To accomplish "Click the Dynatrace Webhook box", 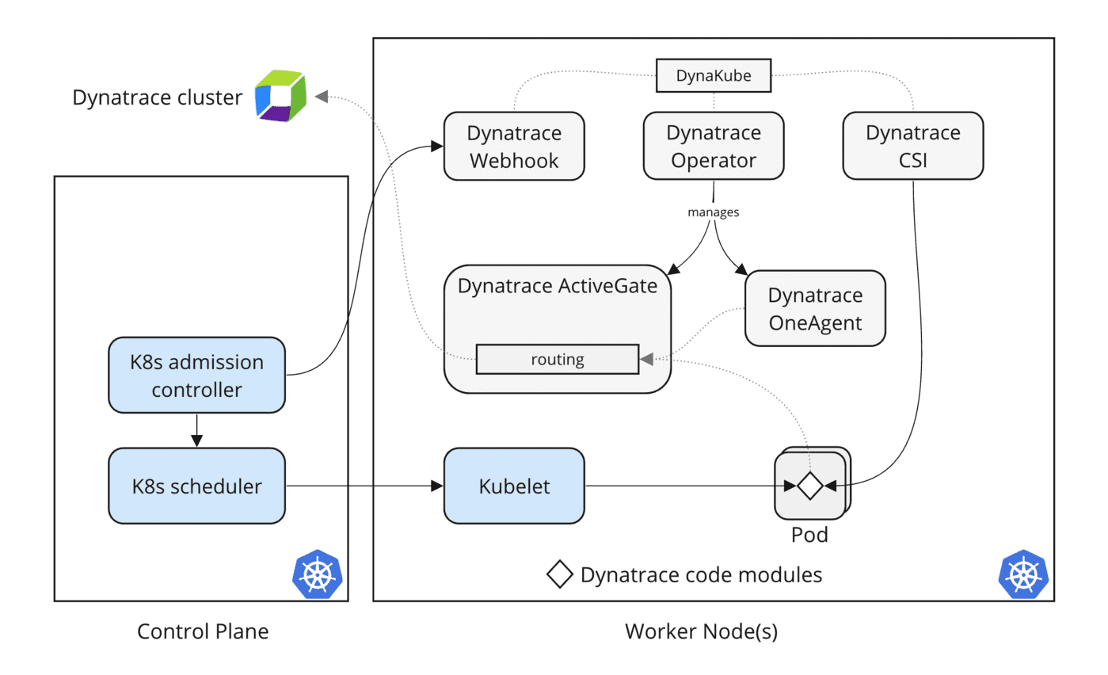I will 514,146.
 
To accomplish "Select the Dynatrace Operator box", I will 714,146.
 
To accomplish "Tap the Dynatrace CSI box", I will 912,146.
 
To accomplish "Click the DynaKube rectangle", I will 714,75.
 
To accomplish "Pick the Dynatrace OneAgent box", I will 815,309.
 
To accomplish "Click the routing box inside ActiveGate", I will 557,359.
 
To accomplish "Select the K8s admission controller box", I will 196,376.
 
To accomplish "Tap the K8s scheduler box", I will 196,486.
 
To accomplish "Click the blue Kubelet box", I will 513,486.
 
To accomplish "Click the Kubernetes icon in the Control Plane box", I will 318,573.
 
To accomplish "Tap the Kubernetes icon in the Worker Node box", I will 1024,573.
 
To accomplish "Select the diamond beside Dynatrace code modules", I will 560,574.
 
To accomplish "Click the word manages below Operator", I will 714,213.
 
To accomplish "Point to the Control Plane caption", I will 203,631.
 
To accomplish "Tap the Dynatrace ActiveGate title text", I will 558,286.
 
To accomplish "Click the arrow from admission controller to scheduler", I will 197,430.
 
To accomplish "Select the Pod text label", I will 809,535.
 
